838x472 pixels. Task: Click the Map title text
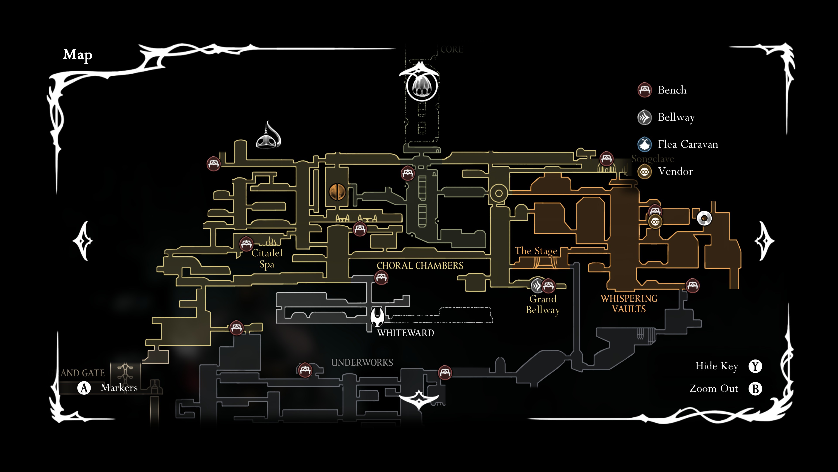[x=78, y=55]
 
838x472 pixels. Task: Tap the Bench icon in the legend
[x=644, y=90]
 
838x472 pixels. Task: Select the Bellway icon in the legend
[x=644, y=117]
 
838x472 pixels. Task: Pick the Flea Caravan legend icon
[x=644, y=144]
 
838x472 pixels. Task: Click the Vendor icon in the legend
[x=644, y=172]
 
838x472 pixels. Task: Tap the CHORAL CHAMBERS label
[x=420, y=266]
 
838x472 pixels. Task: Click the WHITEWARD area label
[x=405, y=333]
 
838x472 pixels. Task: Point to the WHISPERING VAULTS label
[x=629, y=304]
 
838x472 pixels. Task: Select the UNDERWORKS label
[x=362, y=363]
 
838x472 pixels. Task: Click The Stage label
[x=536, y=251]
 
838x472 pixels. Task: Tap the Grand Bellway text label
[x=543, y=304]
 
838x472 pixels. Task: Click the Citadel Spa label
[x=267, y=259]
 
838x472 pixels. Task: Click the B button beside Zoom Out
[x=755, y=389]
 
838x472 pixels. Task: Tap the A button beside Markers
[x=84, y=388]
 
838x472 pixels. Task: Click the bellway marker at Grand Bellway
[x=537, y=286]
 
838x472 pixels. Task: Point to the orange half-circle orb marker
[x=337, y=192]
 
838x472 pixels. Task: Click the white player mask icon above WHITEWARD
[x=377, y=318]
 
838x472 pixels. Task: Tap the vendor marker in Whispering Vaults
[x=655, y=222]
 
